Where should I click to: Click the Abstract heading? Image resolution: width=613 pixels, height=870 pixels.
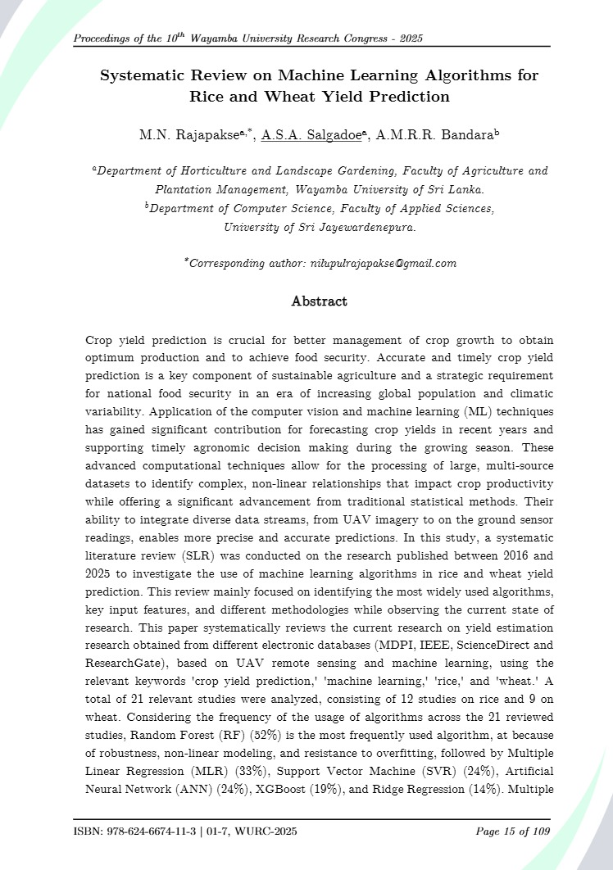pos(319,301)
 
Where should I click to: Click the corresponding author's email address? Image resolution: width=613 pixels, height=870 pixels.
pos(381,264)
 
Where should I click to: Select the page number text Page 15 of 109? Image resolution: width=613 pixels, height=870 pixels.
pos(513,832)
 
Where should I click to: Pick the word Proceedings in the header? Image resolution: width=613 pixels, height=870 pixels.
pos(104,39)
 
